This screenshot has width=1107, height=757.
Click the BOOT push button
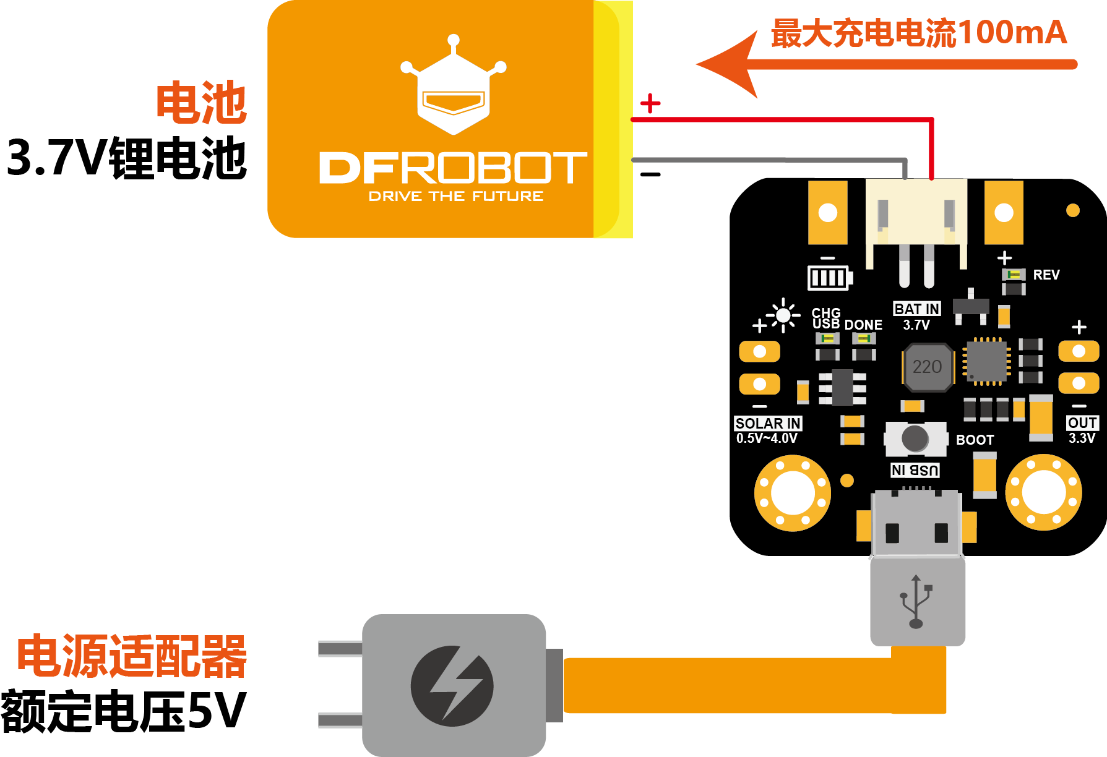pos(915,438)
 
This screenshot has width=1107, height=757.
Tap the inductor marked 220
pos(927,367)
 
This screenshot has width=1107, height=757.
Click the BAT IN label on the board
pos(917,309)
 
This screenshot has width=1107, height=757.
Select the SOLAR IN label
pos(768,423)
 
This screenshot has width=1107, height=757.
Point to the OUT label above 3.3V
pos(1082,422)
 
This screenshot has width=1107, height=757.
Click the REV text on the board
pos(1046,275)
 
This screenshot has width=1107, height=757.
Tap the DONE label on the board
pos(863,325)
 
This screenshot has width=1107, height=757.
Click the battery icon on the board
pos(830,278)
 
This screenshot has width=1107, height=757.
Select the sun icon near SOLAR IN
pos(783,315)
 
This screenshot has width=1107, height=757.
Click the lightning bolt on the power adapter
pos(455,685)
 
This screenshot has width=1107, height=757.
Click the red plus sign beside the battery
pos(650,103)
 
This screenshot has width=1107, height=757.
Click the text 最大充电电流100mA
pos(919,33)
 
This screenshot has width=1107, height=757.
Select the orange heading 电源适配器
pos(132,656)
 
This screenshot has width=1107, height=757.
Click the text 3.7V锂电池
pos(127,158)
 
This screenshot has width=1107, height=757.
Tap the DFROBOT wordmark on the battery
pos(453,168)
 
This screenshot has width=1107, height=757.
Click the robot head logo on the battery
pos(454,85)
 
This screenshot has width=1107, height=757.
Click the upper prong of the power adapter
pos(340,649)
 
